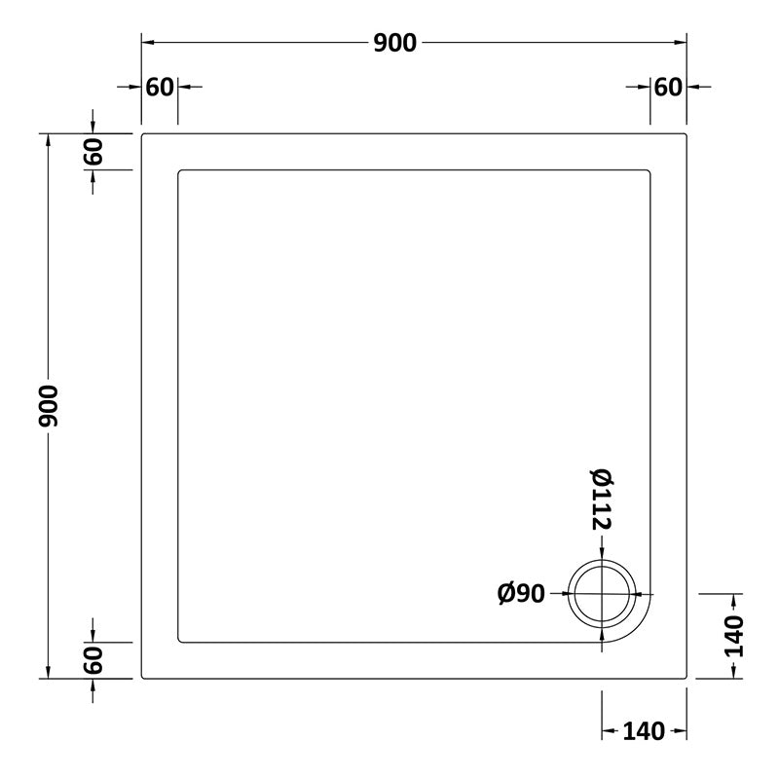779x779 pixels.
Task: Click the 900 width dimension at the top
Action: pyautogui.click(x=394, y=43)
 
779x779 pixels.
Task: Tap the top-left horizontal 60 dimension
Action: pyautogui.click(x=160, y=87)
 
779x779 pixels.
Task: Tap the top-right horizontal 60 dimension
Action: pyautogui.click(x=668, y=87)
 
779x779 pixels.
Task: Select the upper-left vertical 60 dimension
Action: pyautogui.click(x=93, y=152)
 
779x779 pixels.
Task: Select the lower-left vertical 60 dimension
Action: pyautogui.click(x=93, y=660)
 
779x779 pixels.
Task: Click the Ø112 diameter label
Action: pyautogui.click(x=600, y=500)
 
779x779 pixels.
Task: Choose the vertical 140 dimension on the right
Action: pyautogui.click(x=733, y=636)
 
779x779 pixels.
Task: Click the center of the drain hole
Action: pyautogui.click(x=604, y=593)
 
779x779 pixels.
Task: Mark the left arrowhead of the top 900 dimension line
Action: pyautogui.click(x=147, y=43)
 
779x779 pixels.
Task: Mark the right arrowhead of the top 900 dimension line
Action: pyautogui.click(x=682, y=43)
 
